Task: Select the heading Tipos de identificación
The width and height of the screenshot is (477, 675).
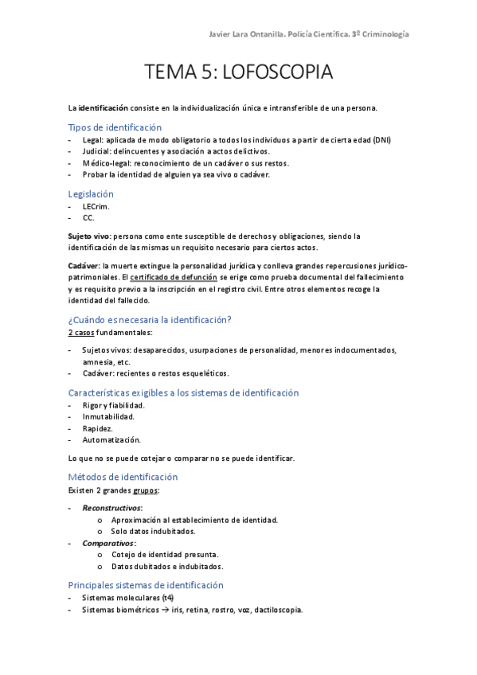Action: [115, 127]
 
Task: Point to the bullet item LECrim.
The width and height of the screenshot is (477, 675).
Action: [96, 206]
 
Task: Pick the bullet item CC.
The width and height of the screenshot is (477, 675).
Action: [88, 217]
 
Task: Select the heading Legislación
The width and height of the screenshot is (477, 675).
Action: [91, 193]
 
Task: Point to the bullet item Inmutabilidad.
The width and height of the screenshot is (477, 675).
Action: [108, 416]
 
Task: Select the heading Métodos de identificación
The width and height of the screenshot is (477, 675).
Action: [123, 477]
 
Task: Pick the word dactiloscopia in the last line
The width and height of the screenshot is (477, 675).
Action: [277, 610]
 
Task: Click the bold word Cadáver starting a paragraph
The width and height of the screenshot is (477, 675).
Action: [84, 265]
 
